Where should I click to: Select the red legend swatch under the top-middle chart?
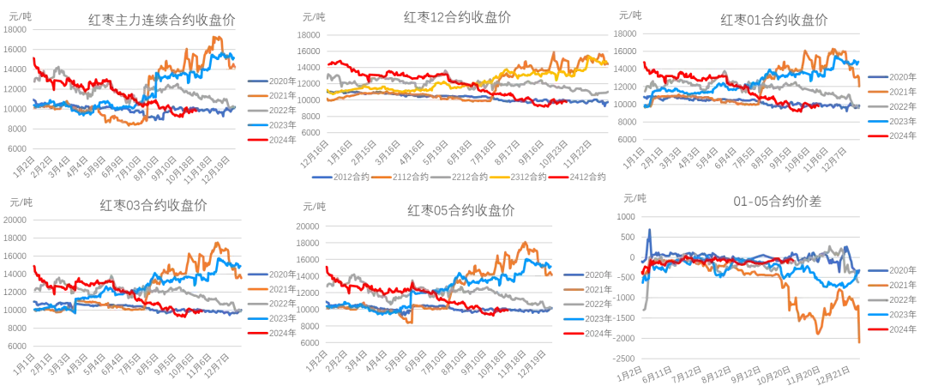(x=558, y=178)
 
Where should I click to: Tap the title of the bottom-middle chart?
(x=459, y=208)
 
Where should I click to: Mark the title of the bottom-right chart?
(x=776, y=202)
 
